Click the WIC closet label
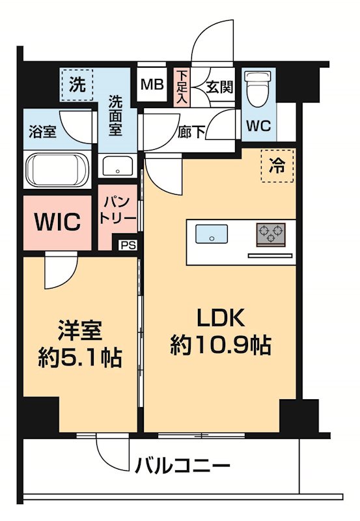[58, 222]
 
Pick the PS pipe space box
[128, 246]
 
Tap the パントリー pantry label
[118, 211]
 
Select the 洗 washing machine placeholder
[77, 84]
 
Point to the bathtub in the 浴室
[57, 169]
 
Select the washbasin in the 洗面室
[118, 165]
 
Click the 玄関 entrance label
[219, 87]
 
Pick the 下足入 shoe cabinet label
[183, 87]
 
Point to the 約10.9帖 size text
[221, 345]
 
